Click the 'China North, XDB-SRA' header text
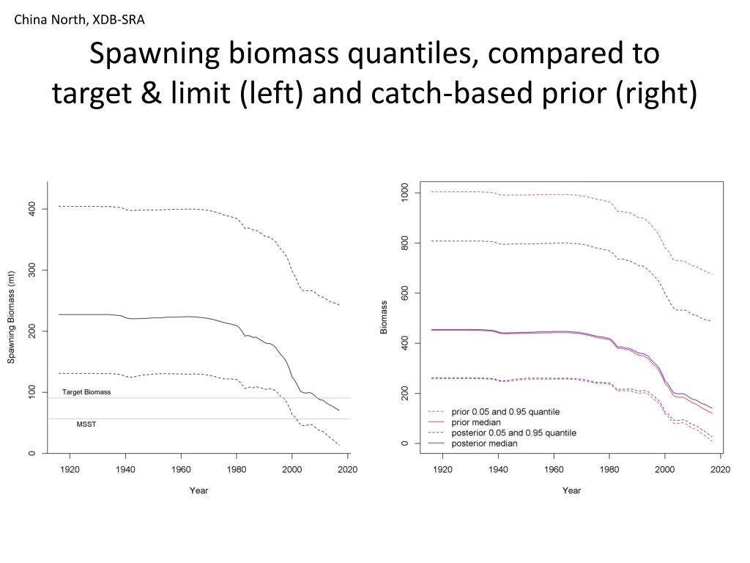click(80, 20)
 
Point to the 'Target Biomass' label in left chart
click(86, 392)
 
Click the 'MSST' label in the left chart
click(86, 424)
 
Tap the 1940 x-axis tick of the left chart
click(125, 469)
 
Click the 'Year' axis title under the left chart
click(198, 490)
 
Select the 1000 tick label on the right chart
click(404, 193)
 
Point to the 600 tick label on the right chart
click(404, 293)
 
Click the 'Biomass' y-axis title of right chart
click(384, 317)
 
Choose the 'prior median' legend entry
click(476, 422)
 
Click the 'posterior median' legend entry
click(484, 444)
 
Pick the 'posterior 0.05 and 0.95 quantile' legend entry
click(513, 433)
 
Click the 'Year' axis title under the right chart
click(571, 490)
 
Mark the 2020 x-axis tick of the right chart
click(721, 469)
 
